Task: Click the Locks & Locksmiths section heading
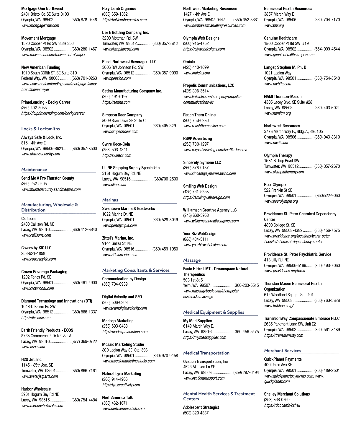[40, 128]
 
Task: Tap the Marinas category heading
[110, 200]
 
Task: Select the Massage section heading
[192, 260]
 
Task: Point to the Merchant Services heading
[283, 351]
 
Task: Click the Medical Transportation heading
[206, 353]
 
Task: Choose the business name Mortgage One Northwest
[42, 9]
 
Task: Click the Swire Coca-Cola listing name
[116, 144]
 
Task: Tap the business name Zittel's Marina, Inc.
[118, 238]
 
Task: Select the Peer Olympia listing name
[275, 185]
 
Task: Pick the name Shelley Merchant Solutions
[287, 394]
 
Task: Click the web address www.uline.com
[114, 185]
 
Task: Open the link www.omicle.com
[196, 73]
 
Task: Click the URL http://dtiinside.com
[36, 318]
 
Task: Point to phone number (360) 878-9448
[84, 20]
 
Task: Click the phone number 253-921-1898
[33, 253]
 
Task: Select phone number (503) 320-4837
[196, 413]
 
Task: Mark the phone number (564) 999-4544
[327, 49]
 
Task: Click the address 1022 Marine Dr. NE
[117, 214]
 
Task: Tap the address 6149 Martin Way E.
[198, 326]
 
